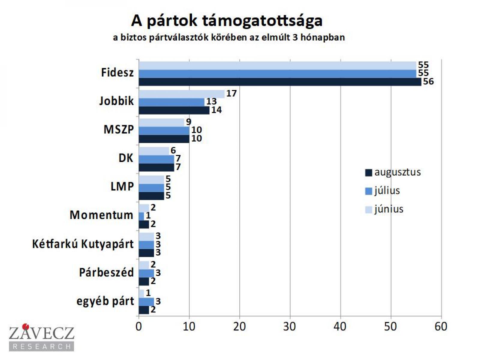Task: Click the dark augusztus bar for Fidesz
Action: pos(280,82)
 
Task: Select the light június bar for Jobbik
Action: pos(181,94)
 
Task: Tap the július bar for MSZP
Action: pos(164,131)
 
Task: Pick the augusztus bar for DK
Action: pos(156,167)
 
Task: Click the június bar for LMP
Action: pos(151,179)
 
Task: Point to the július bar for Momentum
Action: pos(141,216)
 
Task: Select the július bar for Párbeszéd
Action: pos(146,273)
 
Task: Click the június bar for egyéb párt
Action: pos(141,293)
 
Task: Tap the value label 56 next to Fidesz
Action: pos(428,81)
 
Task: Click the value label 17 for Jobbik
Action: pos(231,93)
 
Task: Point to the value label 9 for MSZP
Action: pos(188,122)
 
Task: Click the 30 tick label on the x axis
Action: pos(290,327)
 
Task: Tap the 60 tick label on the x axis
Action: pos(441,327)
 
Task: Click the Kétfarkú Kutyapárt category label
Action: pos(83,244)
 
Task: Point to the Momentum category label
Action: pos(101,215)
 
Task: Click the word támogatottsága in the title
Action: pos(262,21)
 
